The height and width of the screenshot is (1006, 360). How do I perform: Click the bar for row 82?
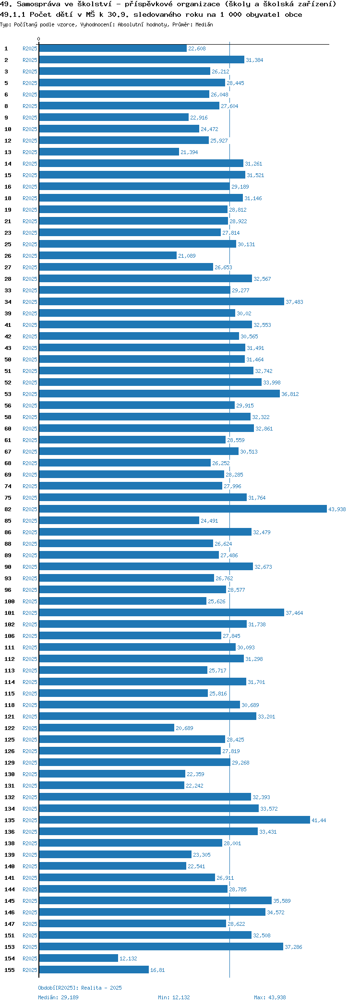click(x=182, y=509)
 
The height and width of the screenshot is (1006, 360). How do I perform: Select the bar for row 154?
click(x=78, y=958)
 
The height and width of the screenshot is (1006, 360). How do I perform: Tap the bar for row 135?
click(x=174, y=820)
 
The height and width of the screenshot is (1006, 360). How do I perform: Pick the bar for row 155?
click(x=94, y=970)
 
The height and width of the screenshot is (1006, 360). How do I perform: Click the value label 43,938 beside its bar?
click(x=337, y=509)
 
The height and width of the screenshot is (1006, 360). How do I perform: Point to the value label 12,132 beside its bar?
click(x=128, y=958)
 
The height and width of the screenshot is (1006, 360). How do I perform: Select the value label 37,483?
click(x=294, y=302)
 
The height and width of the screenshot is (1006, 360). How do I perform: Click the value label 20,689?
click(x=184, y=728)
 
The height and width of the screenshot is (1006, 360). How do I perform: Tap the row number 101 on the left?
click(x=10, y=613)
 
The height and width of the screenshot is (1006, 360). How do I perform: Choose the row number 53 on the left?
click(x=8, y=394)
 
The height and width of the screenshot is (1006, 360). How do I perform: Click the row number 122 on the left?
click(x=10, y=728)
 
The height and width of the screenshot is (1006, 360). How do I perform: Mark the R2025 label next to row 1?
click(x=30, y=48)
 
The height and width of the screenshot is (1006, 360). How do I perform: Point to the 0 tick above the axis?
click(x=39, y=39)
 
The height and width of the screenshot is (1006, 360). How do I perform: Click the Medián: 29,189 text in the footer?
click(x=58, y=997)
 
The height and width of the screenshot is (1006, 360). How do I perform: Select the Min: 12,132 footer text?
click(x=174, y=997)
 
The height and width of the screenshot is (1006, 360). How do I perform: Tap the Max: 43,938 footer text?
click(x=270, y=997)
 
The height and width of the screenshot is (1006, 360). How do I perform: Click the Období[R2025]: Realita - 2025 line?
click(x=80, y=987)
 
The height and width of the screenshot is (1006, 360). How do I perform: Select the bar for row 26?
click(x=108, y=255)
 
